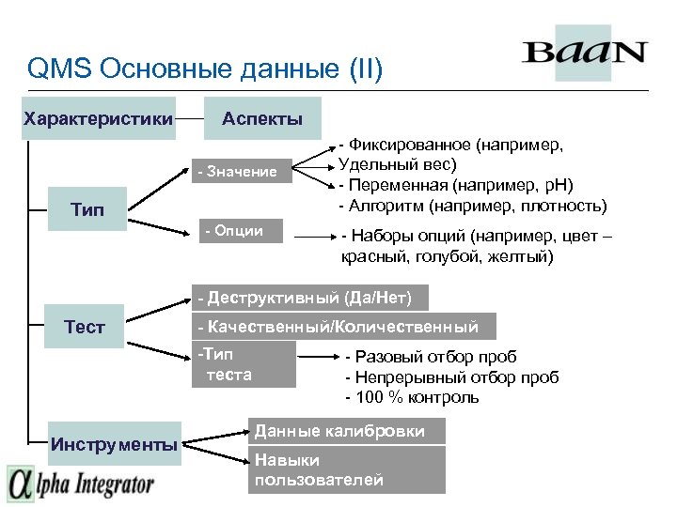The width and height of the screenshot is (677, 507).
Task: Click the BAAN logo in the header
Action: (585, 52)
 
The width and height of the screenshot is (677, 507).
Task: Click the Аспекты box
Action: (262, 118)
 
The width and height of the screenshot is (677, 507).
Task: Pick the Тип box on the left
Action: (86, 207)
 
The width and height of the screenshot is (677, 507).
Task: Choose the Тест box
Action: (85, 327)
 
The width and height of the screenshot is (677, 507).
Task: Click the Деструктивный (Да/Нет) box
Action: (309, 298)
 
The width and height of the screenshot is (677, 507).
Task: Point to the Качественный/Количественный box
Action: (343, 327)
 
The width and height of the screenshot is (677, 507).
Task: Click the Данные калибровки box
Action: (346, 431)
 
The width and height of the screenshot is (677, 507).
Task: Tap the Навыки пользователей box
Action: (346, 469)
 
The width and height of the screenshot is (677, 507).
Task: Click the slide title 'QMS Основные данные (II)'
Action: (205, 69)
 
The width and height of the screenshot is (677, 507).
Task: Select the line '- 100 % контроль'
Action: (412, 397)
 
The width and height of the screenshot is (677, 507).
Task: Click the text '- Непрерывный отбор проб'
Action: (452, 377)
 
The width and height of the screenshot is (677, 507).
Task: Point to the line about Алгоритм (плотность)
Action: (472, 205)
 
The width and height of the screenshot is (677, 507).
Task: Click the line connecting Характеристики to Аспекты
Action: (190, 119)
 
